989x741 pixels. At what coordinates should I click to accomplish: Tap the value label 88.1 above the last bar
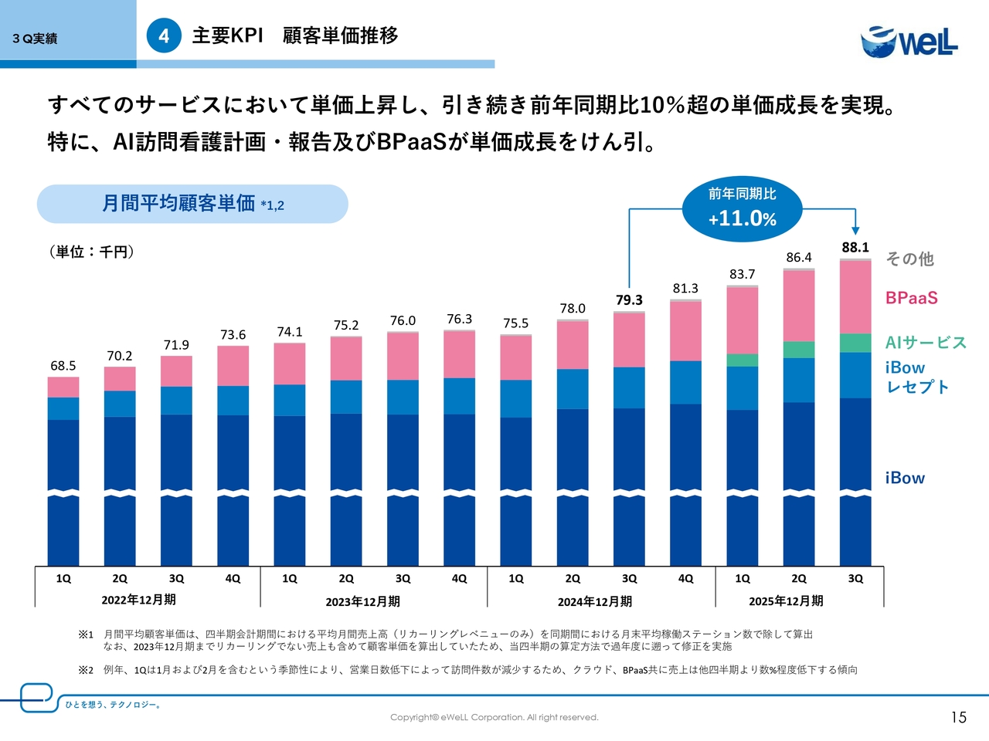[x=855, y=248]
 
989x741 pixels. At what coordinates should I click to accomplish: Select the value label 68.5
[x=63, y=366]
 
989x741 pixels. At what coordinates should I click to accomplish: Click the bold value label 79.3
[x=629, y=300]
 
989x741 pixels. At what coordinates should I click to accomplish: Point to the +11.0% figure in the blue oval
[x=742, y=218]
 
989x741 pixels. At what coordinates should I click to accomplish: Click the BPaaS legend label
[x=912, y=298]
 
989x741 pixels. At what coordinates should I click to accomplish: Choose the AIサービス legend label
[x=926, y=343]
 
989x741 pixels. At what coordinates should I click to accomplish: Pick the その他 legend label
[x=909, y=259]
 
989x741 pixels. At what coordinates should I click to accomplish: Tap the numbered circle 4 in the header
[x=164, y=36]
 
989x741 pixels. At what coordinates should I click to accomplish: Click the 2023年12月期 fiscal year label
[x=362, y=602]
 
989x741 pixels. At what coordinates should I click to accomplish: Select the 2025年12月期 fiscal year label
[x=786, y=601]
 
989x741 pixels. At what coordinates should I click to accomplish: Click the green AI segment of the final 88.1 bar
[x=855, y=343]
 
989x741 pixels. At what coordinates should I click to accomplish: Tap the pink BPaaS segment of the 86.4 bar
[x=799, y=306]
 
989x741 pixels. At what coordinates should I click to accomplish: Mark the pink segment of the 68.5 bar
[x=63, y=387]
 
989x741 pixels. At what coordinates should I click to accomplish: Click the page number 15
[x=959, y=718]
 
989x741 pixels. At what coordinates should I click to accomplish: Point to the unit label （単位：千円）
[x=91, y=252]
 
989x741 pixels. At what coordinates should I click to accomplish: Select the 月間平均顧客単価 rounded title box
[x=192, y=204]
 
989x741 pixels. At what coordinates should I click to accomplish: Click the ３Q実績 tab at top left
[x=35, y=39]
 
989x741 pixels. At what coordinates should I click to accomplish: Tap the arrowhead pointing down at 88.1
[x=855, y=229]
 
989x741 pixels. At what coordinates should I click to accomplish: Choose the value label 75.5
[x=515, y=323]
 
